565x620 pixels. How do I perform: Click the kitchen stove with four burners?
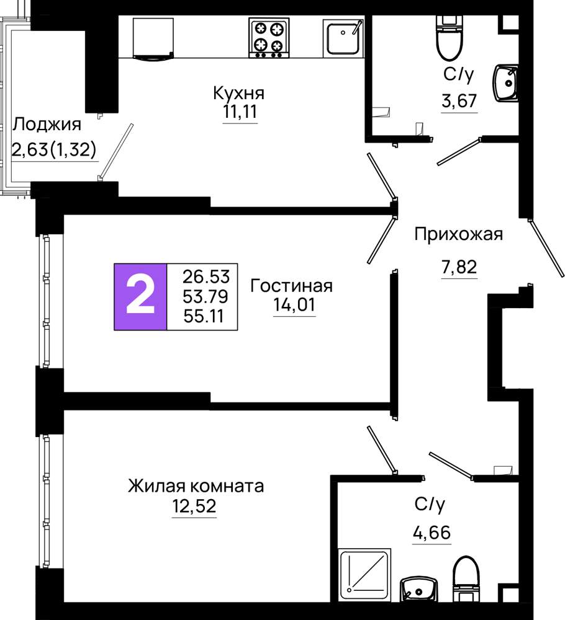click(x=269, y=38)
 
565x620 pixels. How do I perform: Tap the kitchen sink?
click(x=343, y=37)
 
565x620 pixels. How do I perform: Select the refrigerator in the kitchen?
click(x=153, y=38)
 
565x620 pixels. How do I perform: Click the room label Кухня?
click(x=239, y=94)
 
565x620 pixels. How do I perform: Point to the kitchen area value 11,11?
click(x=240, y=112)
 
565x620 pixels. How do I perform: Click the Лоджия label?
click(x=47, y=125)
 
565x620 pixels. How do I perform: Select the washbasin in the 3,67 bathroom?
click(x=505, y=83)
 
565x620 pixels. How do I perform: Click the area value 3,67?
click(x=459, y=101)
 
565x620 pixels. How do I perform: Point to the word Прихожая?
click(x=458, y=234)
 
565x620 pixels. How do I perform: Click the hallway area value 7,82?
click(x=459, y=267)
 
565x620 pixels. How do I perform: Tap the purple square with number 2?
click(x=140, y=296)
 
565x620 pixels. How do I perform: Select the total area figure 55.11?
click(x=204, y=316)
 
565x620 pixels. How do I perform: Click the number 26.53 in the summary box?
click(x=206, y=277)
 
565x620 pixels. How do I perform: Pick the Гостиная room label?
click(x=291, y=285)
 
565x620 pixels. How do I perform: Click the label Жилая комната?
click(x=196, y=486)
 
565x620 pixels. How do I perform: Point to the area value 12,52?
click(x=194, y=506)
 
